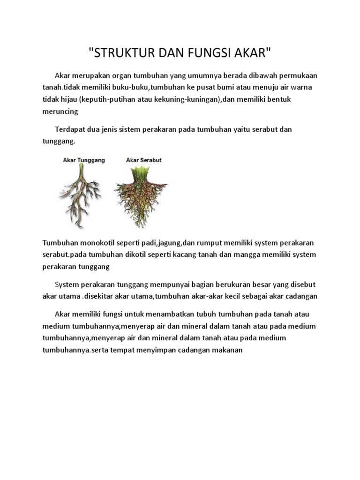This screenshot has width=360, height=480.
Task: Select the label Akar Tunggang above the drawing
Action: point(84,160)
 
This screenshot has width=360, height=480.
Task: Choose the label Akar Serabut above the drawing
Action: point(144,160)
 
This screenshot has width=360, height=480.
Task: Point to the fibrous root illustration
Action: point(141,195)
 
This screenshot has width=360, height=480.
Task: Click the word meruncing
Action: point(60,112)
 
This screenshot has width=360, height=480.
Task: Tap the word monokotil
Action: point(99,242)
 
